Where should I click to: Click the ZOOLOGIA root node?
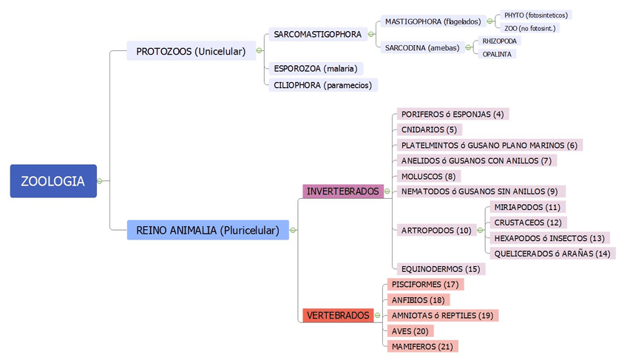[x=53, y=181]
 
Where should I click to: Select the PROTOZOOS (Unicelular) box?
[x=191, y=51]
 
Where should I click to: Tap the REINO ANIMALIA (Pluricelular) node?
[x=208, y=230]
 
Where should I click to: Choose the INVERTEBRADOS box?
[x=343, y=191]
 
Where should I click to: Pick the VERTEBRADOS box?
[x=338, y=316]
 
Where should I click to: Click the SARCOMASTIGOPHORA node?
[x=318, y=35]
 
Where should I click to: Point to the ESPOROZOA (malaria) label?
[x=316, y=68]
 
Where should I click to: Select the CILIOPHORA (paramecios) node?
[x=322, y=85]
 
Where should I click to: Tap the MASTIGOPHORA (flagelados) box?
[x=433, y=21]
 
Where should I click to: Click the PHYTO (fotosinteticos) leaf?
[x=537, y=15]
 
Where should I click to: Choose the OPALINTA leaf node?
[x=497, y=54]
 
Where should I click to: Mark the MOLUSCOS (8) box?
[x=428, y=176]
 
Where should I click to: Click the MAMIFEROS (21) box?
[x=422, y=346]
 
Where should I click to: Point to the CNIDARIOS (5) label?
[x=429, y=129]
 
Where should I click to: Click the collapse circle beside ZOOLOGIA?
[x=99, y=181]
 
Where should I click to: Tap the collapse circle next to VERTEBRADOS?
[x=378, y=316]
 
